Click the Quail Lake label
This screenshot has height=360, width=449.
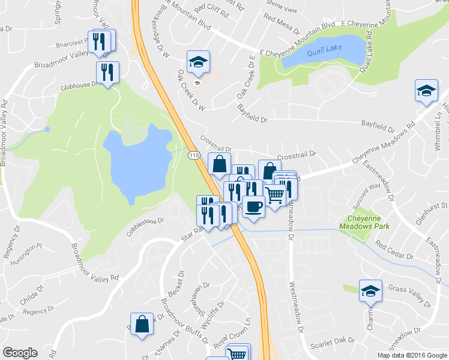click(x=325, y=52)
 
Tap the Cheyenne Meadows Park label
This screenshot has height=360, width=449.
click(x=364, y=223)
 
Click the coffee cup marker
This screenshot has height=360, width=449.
click(x=254, y=206)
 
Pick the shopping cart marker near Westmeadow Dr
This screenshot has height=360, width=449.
click(x=274, y=194)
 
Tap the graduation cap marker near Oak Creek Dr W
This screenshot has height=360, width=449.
click(x=197, y=61)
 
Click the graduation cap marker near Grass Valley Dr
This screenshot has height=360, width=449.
click(x=370, y=291)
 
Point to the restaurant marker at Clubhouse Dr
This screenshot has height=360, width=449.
click(x=107, y=73)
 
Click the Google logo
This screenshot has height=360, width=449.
click(x=20, y=353)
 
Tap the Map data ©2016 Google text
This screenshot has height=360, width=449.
click(x=412, y=355)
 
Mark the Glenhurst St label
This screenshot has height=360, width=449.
click(x=432, y=206)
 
